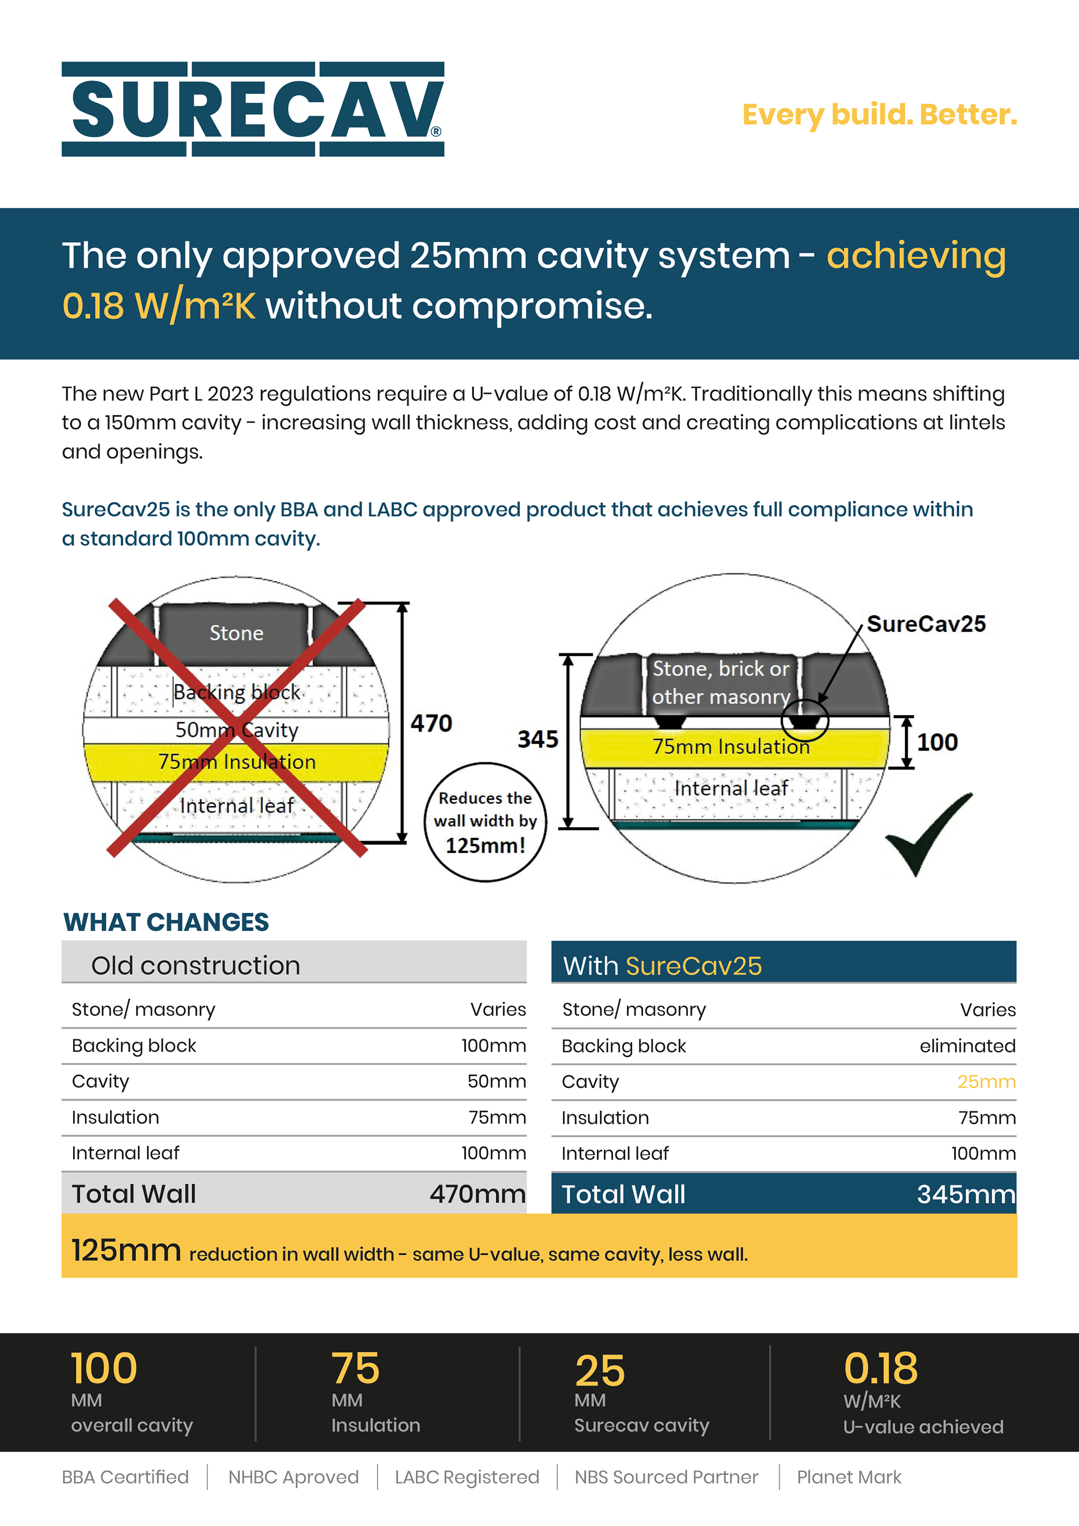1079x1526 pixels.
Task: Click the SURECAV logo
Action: pos(253,110)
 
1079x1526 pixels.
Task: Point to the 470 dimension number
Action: pos(431,723)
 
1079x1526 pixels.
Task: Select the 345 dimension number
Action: pos(538,739)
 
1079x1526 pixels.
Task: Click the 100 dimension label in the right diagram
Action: pos(937,742)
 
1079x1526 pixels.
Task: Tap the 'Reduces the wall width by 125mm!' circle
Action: pos(486,822)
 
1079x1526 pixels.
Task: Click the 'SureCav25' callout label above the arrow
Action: pos(926,624)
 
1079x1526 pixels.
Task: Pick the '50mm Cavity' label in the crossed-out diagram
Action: pos(237,730)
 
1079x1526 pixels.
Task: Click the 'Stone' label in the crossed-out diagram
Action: pos(236,633)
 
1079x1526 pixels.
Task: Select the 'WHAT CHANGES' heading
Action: pos(166,922)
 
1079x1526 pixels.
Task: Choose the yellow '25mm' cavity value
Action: pos(986,1082)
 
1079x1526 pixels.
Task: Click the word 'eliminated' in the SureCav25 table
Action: pos(967,1046)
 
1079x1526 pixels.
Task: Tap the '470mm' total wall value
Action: pos(477,1194)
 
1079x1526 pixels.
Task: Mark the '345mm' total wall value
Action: pos(966,1195)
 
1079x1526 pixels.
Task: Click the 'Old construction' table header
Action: pos(196,965)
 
